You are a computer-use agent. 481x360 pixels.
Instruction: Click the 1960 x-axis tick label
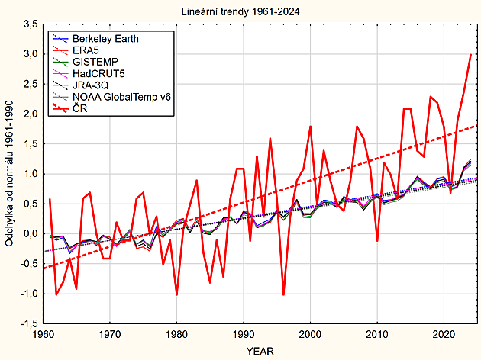[43, 334]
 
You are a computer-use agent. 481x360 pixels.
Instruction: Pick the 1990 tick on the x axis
[244, 334]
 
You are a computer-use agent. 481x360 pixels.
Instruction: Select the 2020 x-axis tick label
[444, 334]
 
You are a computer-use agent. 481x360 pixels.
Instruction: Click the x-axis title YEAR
[260, 350]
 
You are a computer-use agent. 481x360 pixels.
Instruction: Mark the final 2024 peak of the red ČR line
[470, 54]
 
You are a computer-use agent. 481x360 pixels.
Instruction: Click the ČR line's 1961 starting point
[50, 199]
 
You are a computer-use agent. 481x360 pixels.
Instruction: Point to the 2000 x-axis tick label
[310, 334]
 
